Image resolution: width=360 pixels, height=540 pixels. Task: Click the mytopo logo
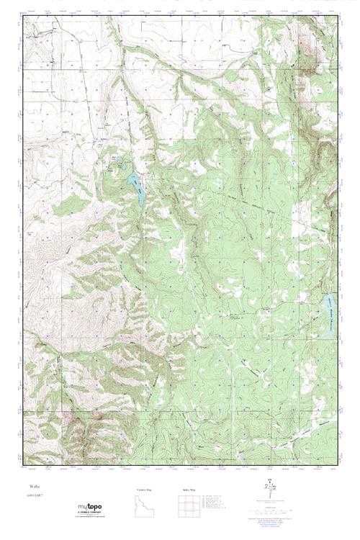point(89,508)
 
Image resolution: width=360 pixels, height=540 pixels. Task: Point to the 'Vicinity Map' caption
point(145,490)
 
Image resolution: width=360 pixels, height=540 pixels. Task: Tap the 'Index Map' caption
point(189,490)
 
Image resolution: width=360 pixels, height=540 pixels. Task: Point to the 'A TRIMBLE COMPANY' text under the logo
point(89,512)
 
